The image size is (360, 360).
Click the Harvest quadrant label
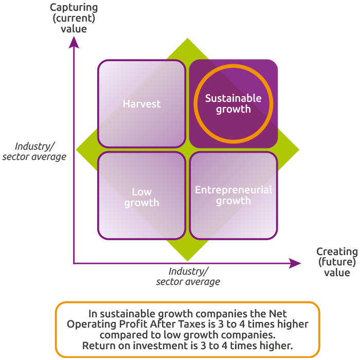pyautogui.click(x=141, y=104)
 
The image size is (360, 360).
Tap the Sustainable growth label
pyautogui.click(x=233, y=103)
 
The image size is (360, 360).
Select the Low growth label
pyautogui.click(x=141, y=197)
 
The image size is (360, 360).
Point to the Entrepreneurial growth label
pyautogui.click(x=233, y=195)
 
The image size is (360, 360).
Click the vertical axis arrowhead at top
pyautogui.click(x=74, y=43)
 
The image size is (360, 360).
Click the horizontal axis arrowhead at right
pyautogui.click(x=295, y=263)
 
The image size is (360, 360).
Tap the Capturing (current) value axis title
pyautogui.click(x=74, y=18)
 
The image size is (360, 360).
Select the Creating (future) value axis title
pyautogui.click(x=337, y=262)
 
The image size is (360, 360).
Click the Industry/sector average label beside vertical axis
pyautogui.click(x=34, y=152)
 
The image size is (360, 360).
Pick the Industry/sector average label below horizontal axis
pyautogui.click(x=188, y=276)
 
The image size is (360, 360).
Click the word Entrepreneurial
pyautogui.click(x=233, y=190)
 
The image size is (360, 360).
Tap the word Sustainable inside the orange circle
pyautogui.click(x=233, y=98)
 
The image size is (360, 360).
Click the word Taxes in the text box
pyautogui.click(x=192, y=324)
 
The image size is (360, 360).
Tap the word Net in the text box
pyautogui.click(x=278, y=314)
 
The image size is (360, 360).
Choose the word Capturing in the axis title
pyautogui.click(x=74, y=8)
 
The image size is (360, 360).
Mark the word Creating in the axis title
pyautogui.click(x=337, y=252)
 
